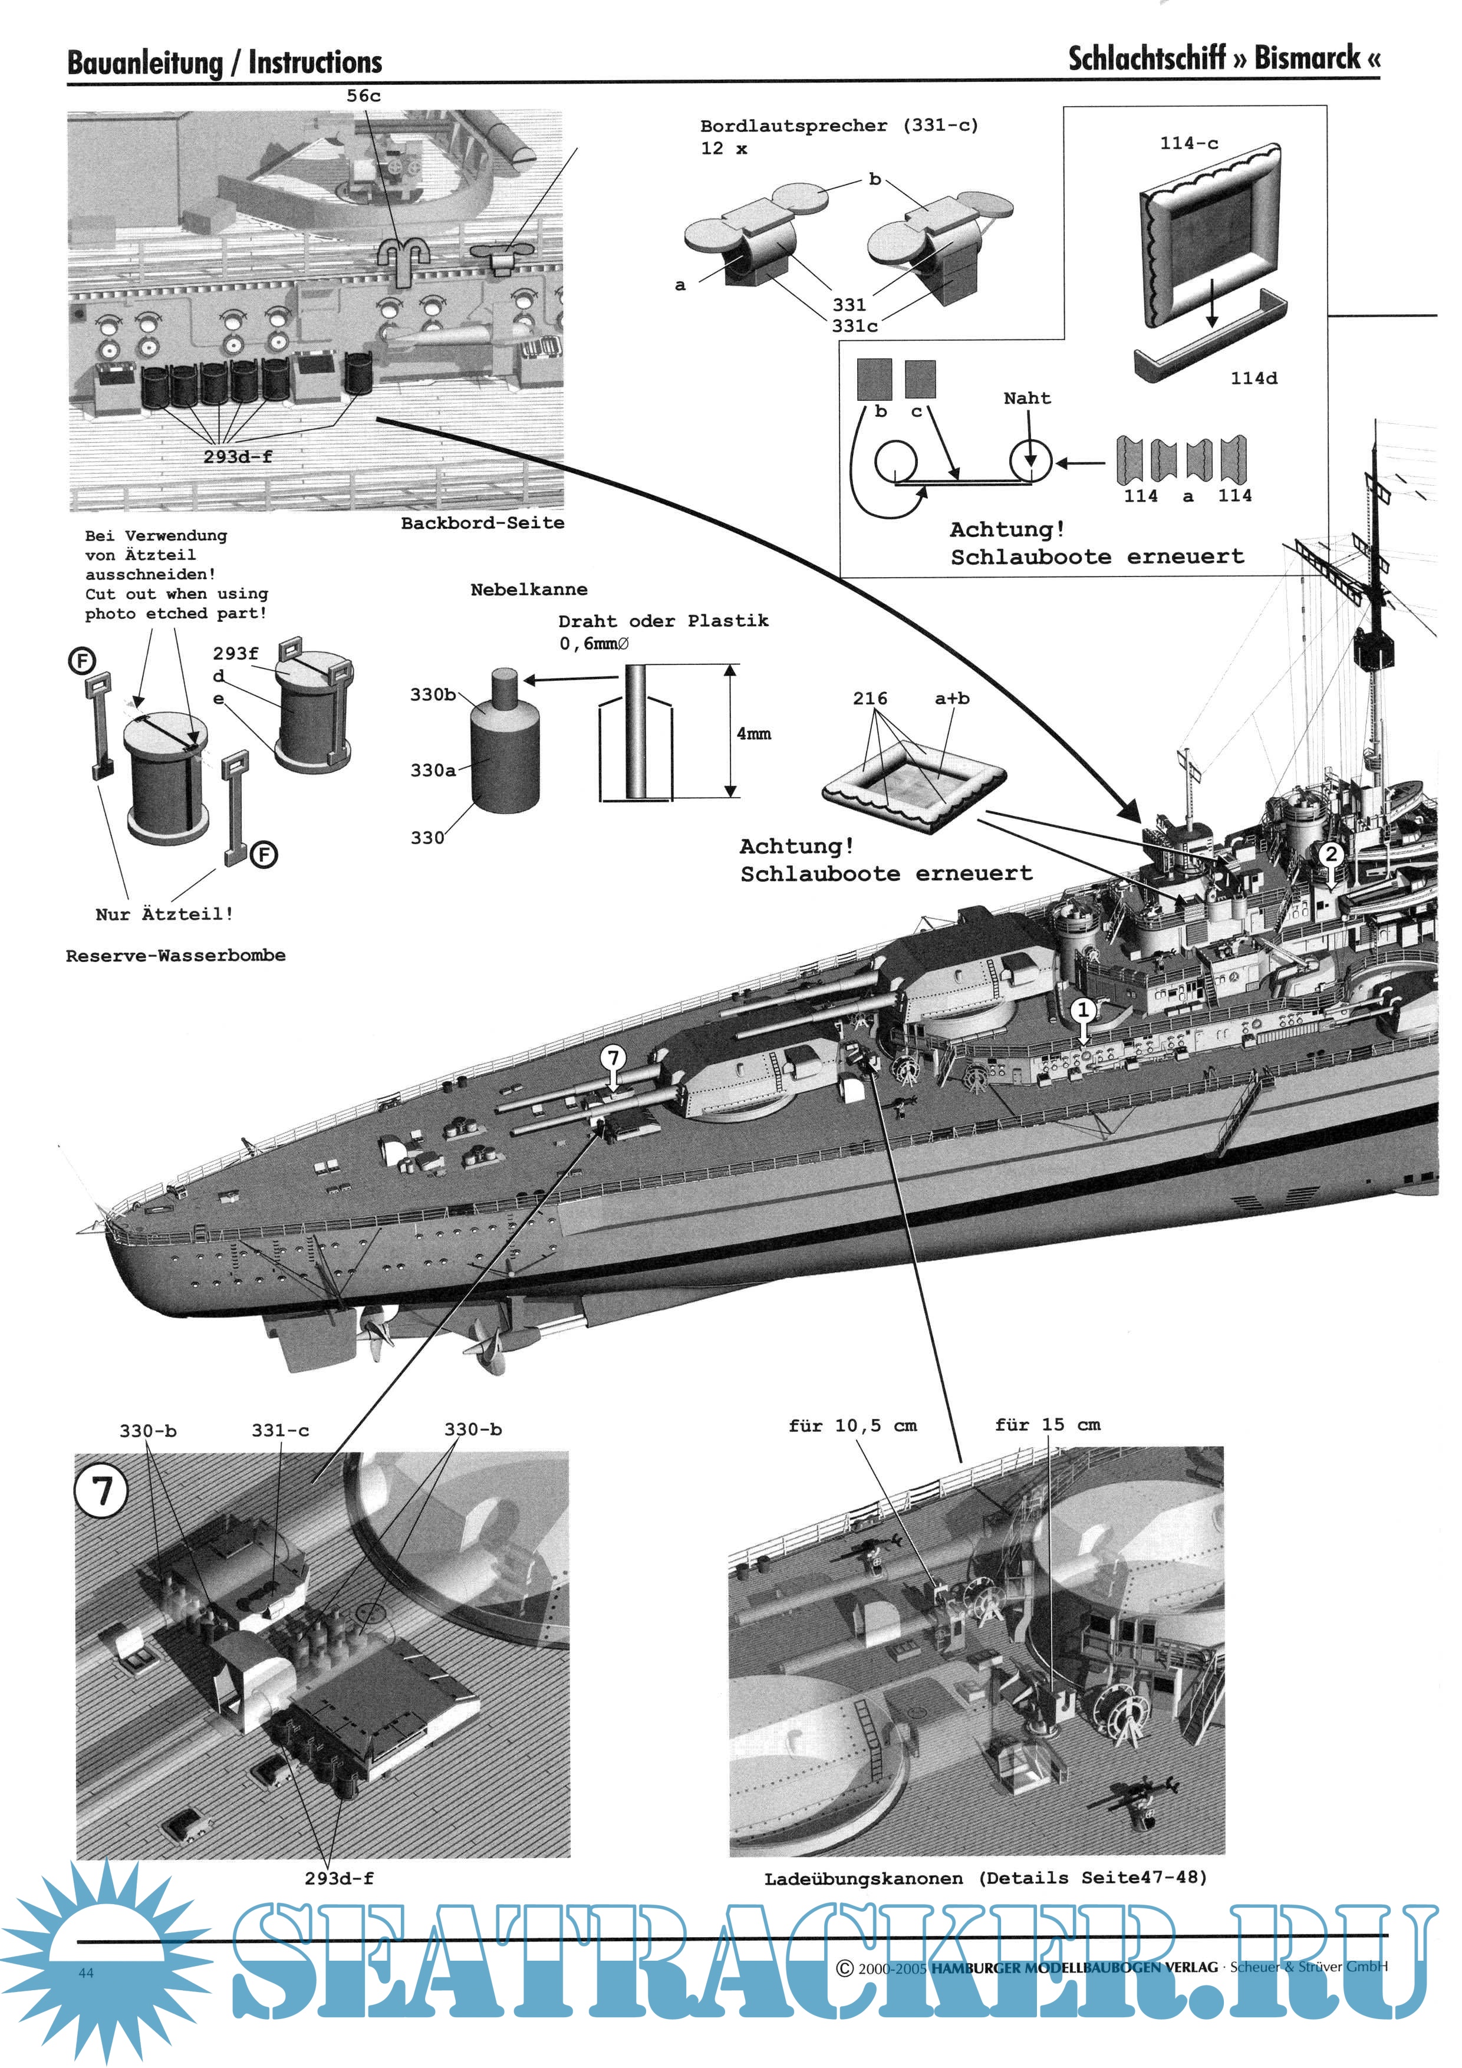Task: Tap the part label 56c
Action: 363,96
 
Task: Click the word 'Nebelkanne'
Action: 529,590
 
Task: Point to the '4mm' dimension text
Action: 754,734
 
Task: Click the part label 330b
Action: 432,694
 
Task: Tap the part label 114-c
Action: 1189,143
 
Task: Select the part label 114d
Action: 1254,378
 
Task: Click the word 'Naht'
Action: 1027,398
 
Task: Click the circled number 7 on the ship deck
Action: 614,1058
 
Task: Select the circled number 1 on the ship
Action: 1084,1010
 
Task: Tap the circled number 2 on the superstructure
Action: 1331,854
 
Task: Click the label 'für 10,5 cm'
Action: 852,1425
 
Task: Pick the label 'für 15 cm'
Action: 1048,1424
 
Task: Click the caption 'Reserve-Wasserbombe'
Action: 176,956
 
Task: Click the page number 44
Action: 85,1972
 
